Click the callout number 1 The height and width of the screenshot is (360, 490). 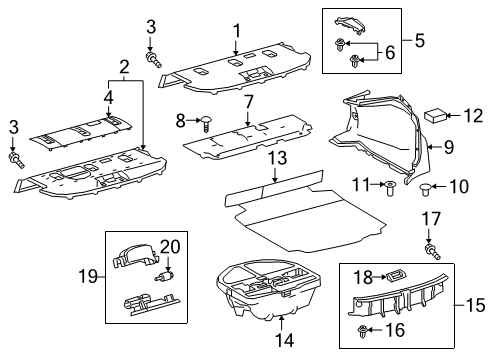tap(236, 32)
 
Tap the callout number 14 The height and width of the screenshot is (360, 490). tap(284, 340)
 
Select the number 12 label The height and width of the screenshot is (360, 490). tap(473, 116)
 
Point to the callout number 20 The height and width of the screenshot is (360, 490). tap(170, 247)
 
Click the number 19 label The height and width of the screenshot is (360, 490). tap(88, 276)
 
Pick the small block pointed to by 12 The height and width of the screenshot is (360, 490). tap(435, 116)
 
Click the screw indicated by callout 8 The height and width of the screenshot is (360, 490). tap(207, 123)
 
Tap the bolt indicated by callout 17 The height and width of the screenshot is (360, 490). tap(432, 252)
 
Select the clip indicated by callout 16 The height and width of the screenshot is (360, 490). tap(362, 332)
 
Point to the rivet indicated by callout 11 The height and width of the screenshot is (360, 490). tap(390, 188)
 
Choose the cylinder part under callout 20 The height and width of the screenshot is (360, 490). tap(166, 276)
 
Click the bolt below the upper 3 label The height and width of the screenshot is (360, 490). tap(153, 59)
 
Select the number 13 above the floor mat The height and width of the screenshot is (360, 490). tap(277, 158)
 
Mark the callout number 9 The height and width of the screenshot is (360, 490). tap(449, 147)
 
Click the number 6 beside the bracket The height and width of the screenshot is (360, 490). tap(390, 53)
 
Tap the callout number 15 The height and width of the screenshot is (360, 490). tap(475, 305)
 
